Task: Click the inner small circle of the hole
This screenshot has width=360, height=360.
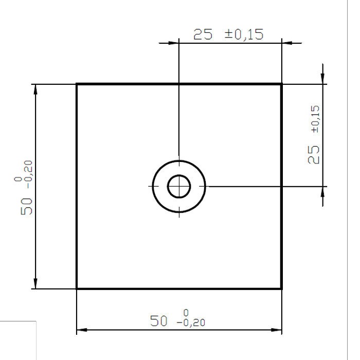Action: click(x=179, y=186)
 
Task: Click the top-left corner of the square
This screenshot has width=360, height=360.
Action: click(x=77, y=84)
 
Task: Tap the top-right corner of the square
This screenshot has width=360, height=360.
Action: click(x=281, y=84)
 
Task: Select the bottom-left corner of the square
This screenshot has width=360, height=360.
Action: click(x=77, y=289)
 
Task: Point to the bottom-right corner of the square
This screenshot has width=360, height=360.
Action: click(x=281, y=289)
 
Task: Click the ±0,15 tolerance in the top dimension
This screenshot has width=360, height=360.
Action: click(x=244, y=34)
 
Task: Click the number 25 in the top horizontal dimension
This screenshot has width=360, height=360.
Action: click(x=203, y=34)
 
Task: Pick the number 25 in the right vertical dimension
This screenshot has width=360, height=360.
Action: click(x=313, y=155)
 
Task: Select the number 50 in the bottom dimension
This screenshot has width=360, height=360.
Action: click(x=159, y=321)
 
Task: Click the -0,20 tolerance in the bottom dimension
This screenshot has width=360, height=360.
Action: click(x=190, y=323)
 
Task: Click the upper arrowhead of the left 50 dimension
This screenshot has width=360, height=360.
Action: click(x=35, y=89)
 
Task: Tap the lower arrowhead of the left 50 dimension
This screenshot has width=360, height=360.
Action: click(x=35, y=283)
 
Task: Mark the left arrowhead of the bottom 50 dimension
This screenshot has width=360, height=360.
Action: click(x=82, y=330)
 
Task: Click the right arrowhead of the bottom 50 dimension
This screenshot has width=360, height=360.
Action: click(x=276, y=330)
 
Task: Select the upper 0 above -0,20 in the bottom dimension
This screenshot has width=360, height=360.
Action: click(x=186, y=313)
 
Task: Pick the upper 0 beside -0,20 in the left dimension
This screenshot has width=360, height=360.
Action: click(x=19, y=179)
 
